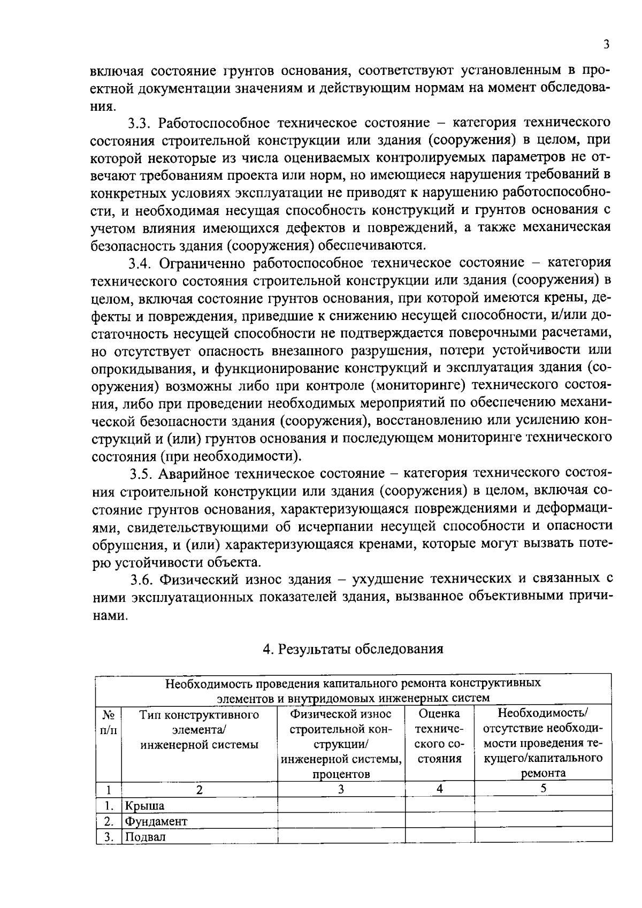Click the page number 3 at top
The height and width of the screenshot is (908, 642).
tap(606, 45)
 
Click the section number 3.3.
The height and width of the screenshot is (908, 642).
tap(141, 123)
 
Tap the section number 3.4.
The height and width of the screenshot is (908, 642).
tap(141, 263)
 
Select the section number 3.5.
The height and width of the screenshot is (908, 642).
tap(143, 474)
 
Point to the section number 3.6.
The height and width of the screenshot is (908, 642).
tap(143, 579)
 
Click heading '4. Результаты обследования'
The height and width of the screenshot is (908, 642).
tap(353, 649)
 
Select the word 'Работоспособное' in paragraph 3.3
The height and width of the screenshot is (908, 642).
tap(215, 123)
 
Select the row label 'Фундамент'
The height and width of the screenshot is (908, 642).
tap(156, 821)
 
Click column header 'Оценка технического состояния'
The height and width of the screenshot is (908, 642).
tap(440, 736)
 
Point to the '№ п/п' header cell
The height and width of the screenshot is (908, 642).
tap(109, 722)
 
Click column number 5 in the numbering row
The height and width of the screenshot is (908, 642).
tap(543, 789)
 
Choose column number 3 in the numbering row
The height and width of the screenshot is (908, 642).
tap(341, 789)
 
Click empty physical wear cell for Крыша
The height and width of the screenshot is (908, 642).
tap(341, 805)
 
